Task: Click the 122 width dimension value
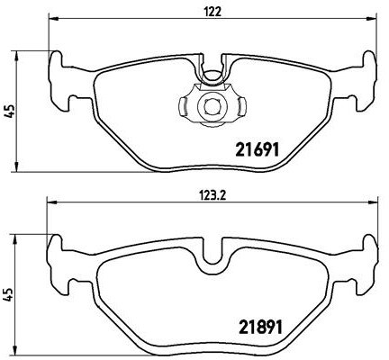click(213, 12)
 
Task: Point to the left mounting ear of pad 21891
click(60, 256)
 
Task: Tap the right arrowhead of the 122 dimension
click(372, 22)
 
